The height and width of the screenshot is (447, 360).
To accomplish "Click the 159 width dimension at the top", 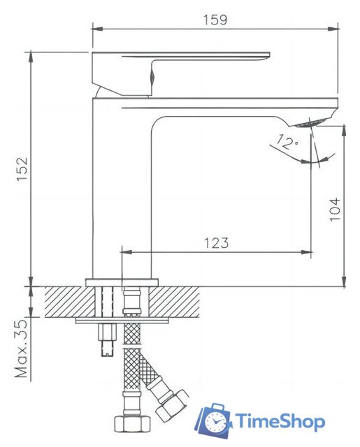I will point(215,20).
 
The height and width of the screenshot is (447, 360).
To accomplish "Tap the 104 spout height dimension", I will point(335,209).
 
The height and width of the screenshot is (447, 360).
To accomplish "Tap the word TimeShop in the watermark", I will point(280,421).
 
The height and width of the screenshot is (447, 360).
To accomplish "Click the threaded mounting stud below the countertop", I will point(107,342).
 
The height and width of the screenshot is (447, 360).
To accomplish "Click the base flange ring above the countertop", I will point(122,281).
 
